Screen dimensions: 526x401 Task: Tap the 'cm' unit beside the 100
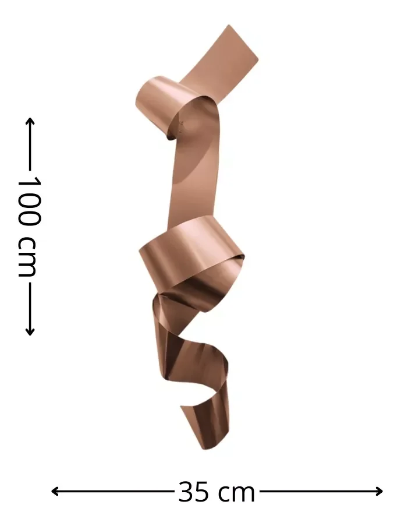point(28,256)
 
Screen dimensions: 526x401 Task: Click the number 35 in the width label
point(193,492)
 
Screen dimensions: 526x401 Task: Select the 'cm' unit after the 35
point(236,493)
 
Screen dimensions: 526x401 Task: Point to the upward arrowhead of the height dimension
point(30,121)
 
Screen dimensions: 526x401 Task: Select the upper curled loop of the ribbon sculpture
point(160,105)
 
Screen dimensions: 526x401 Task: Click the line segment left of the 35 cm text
point(116,491)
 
